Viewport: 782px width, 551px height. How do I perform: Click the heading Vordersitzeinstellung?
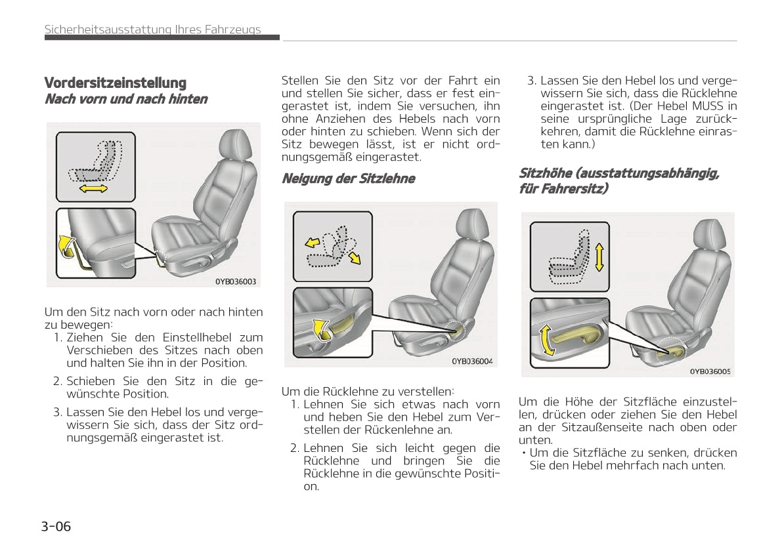[x=115, y=83]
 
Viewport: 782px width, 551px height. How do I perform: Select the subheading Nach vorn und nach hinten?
[x=125, y=100]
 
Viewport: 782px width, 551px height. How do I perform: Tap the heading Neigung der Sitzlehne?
[x=348, y=178]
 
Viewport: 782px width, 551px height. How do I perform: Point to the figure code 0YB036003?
[x=236, y=282]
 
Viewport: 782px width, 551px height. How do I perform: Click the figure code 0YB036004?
[x=471, y=361]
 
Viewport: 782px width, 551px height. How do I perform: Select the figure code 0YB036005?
[x=709, y=371]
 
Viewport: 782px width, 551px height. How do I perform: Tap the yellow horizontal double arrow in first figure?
[x=93, y=189]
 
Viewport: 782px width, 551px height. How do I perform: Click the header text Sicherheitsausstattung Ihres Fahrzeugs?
[x=152, y=30]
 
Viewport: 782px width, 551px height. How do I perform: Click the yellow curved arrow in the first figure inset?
[x=65, y=246]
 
